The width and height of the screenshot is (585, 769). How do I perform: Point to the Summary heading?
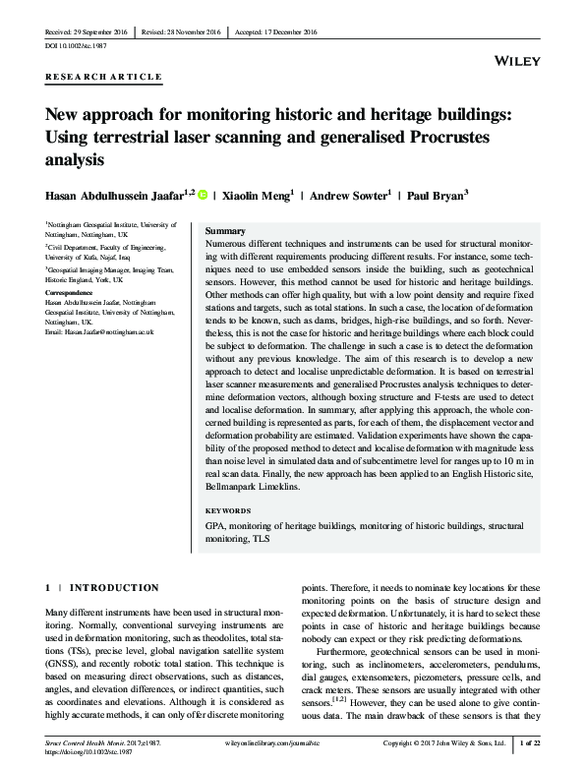click(x=225, y=229)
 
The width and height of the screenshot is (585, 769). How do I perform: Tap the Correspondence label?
click(x=75, y=293)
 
